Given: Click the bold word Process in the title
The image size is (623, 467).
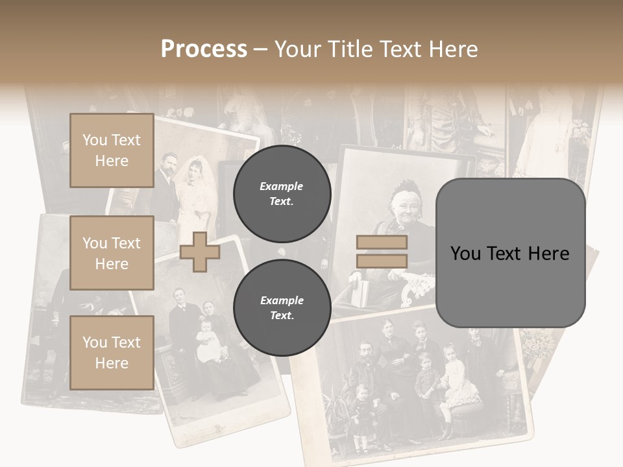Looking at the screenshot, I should pyautogui.click(x=204, y=49).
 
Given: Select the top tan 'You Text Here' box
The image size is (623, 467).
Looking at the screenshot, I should pyautogui.click(x=112, y=150).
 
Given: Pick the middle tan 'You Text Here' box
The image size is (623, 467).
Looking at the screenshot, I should pyautogui.click(x=112, y=253).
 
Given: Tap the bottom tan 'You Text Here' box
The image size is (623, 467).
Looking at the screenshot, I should pyautogui.click(x=112, y=353).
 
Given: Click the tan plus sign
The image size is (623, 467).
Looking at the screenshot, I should pyautogui.click(x=199, y=252).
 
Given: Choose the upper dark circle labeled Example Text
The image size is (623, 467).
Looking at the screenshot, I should pyautogui.click(x=282, y=193).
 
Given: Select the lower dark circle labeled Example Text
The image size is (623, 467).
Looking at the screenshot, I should pyautogui.click(x=282, y=307).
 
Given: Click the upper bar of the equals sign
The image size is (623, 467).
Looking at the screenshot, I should pyautogui.click(x=382, y=243).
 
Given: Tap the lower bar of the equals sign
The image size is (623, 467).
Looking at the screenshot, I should pyautogui.click(x=382, y=261).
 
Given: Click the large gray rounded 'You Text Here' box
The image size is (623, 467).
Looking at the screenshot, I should pyautogui.click(x=510, y=253).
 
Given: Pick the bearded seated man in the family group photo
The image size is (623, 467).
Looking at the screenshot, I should pyautogui.click(x=365, y=370).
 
